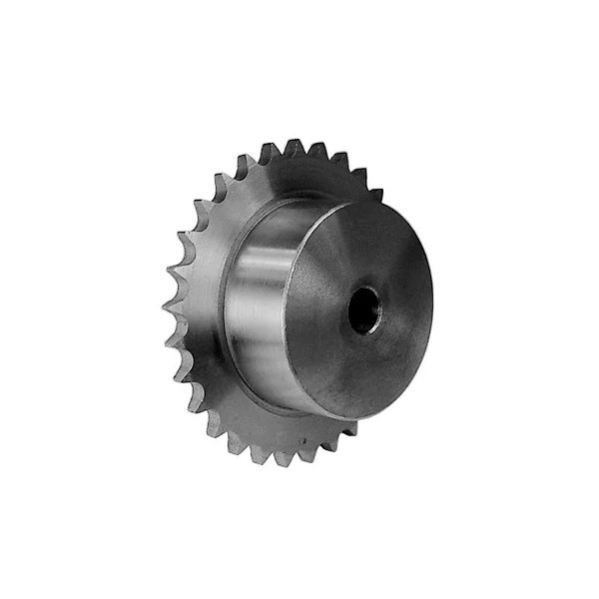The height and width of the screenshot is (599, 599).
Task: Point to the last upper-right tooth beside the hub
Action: click(x=375, y=193)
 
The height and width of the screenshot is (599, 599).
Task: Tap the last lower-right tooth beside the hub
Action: click(x=348, y=429)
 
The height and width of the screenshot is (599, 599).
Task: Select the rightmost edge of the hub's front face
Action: click(x=432, y=299)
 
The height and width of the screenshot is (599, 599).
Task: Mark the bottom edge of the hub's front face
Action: click(x=349, y=416)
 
